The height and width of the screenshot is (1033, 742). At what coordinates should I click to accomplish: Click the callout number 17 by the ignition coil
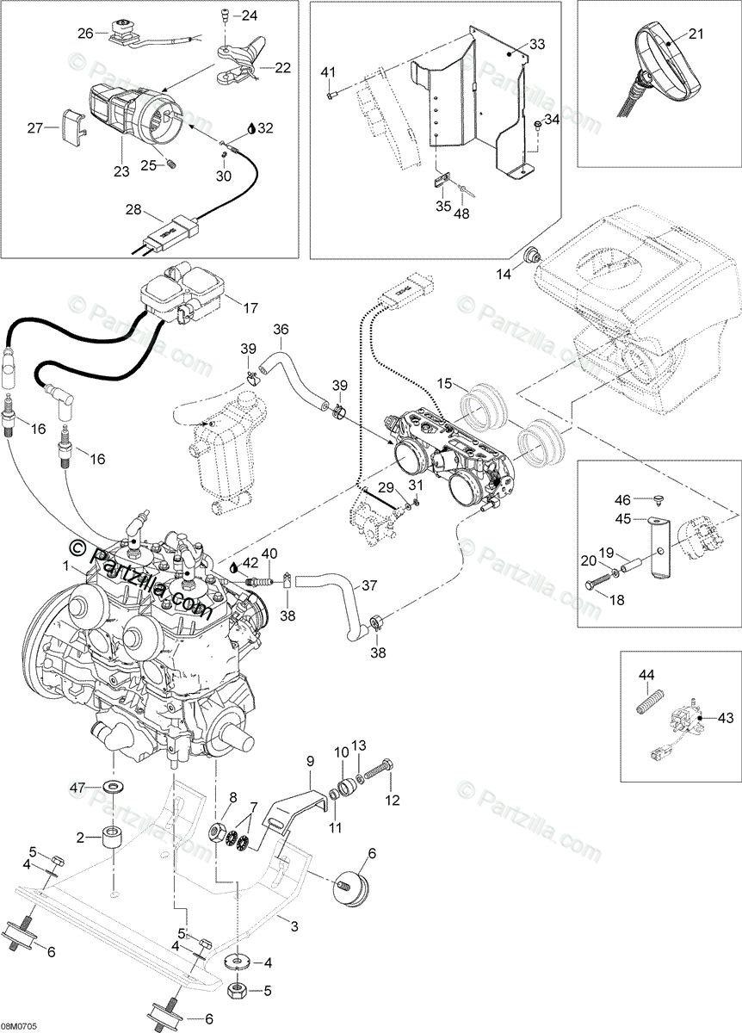tap(250, 307)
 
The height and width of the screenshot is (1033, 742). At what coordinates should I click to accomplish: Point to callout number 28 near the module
tap(133, 211)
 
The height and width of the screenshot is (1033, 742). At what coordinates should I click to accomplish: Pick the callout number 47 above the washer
tap(77, 788)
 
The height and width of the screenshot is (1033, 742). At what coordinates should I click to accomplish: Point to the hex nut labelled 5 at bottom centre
tap(238, 992)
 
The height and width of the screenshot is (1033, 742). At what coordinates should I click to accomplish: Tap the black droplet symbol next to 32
tap(250, 127)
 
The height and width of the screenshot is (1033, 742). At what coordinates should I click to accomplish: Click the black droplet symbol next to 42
tap(235, 567)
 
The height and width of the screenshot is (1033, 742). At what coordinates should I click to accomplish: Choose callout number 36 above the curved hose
tap(281, 329)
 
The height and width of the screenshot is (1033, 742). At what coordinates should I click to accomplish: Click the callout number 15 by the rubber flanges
tap(444, 382)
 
